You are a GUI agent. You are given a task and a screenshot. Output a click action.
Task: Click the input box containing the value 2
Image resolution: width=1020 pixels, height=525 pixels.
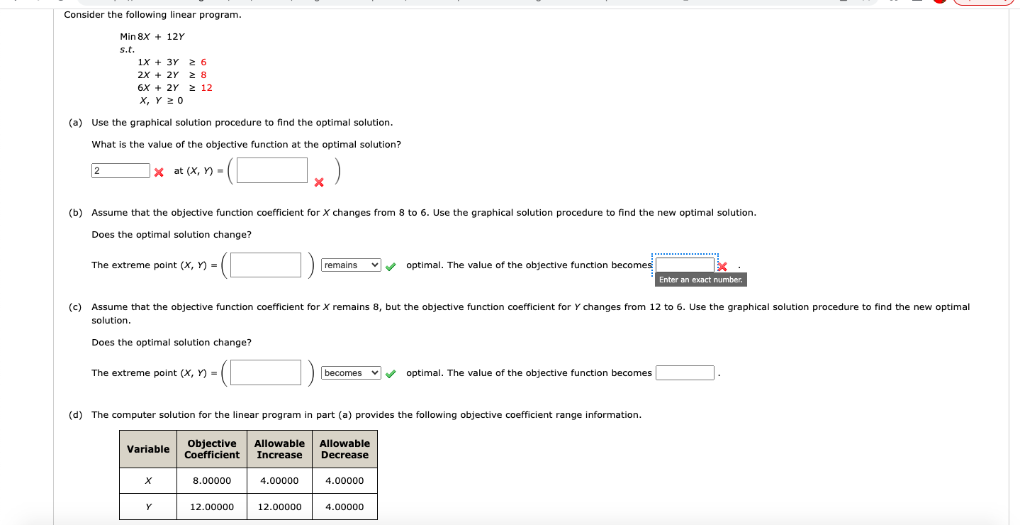(x=121, y=171)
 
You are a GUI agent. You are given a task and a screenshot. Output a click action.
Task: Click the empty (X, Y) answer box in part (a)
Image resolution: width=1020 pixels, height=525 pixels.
(x=272, y=170)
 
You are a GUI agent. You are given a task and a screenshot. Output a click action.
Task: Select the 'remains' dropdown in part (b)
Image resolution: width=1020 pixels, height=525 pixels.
(x=352, y=265)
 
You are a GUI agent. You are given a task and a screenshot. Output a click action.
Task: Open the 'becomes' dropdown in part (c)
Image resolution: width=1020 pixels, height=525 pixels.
(x=352, y=373)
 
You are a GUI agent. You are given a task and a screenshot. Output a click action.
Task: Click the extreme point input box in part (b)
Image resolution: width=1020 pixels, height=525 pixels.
(x=266, y=265)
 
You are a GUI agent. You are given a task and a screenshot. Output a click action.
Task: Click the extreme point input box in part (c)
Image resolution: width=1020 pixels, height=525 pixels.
(x=266, y=373)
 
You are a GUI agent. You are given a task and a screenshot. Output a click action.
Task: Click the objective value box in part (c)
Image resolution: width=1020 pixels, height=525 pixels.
(x=685, y=373)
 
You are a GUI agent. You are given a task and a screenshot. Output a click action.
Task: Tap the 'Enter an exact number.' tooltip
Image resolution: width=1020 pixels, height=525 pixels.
(x=700, y=280)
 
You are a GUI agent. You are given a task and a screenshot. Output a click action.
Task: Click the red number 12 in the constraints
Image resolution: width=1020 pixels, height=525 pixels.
(x=206, y=88)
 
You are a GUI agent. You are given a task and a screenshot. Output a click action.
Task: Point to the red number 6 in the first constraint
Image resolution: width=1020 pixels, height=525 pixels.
(x=203, y=62)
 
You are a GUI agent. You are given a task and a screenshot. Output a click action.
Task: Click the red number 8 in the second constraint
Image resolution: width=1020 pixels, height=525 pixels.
(x=203, y=75)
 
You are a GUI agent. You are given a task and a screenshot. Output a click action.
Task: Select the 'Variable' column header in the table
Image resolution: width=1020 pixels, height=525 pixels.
(x=148, y=449)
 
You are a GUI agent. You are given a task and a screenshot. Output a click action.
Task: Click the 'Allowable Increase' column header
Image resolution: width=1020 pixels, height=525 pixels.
(x=279, y=449)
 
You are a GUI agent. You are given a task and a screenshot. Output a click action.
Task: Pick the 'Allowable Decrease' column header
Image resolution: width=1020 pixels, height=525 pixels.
(x=344, y=449)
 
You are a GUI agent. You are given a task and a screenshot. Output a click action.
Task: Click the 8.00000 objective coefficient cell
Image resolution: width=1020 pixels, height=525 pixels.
(x=212, y=481)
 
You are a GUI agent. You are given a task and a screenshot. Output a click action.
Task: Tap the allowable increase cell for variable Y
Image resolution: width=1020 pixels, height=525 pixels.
(x=279, y=507)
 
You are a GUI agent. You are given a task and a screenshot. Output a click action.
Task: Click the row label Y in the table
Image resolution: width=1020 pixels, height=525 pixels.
(x=148, y=507)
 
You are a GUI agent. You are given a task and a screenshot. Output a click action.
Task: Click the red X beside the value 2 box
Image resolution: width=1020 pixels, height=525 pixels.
(x=159, y=172)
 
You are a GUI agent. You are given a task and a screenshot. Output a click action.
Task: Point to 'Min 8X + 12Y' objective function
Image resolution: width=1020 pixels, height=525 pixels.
(x=152, y=37)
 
